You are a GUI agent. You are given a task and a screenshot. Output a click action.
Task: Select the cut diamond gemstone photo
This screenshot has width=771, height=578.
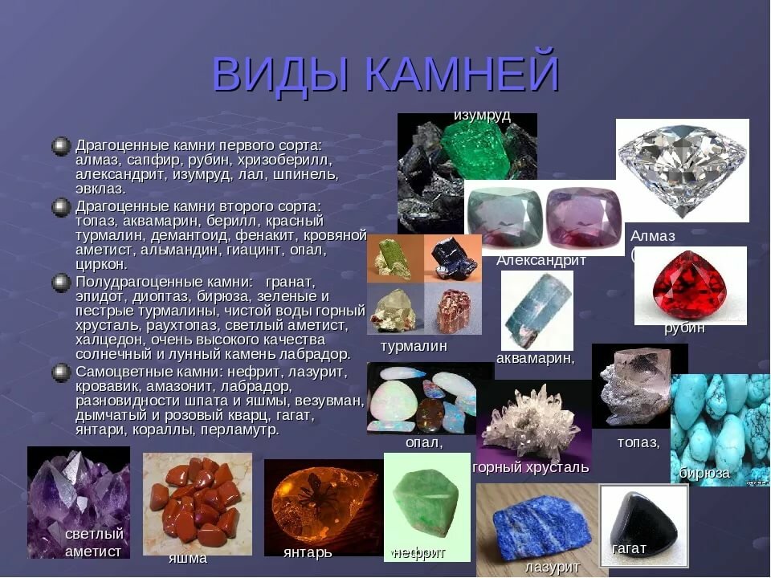[683, 169]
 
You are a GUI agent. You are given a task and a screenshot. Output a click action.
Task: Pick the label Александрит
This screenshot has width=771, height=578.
[541, 260]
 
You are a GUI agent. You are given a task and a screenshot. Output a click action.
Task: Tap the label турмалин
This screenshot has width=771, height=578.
[414, 346]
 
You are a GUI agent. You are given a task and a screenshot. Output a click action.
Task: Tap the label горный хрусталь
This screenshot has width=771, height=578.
[531, 467]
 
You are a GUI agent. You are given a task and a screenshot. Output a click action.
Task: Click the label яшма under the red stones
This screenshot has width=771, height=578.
[188, 559]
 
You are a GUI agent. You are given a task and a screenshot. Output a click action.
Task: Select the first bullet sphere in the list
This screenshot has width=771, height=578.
[61, 146]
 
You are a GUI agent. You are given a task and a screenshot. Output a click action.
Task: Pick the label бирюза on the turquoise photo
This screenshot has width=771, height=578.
[704, 474]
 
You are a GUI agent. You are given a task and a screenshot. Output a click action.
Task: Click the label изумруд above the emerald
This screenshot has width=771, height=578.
[482, 116]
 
